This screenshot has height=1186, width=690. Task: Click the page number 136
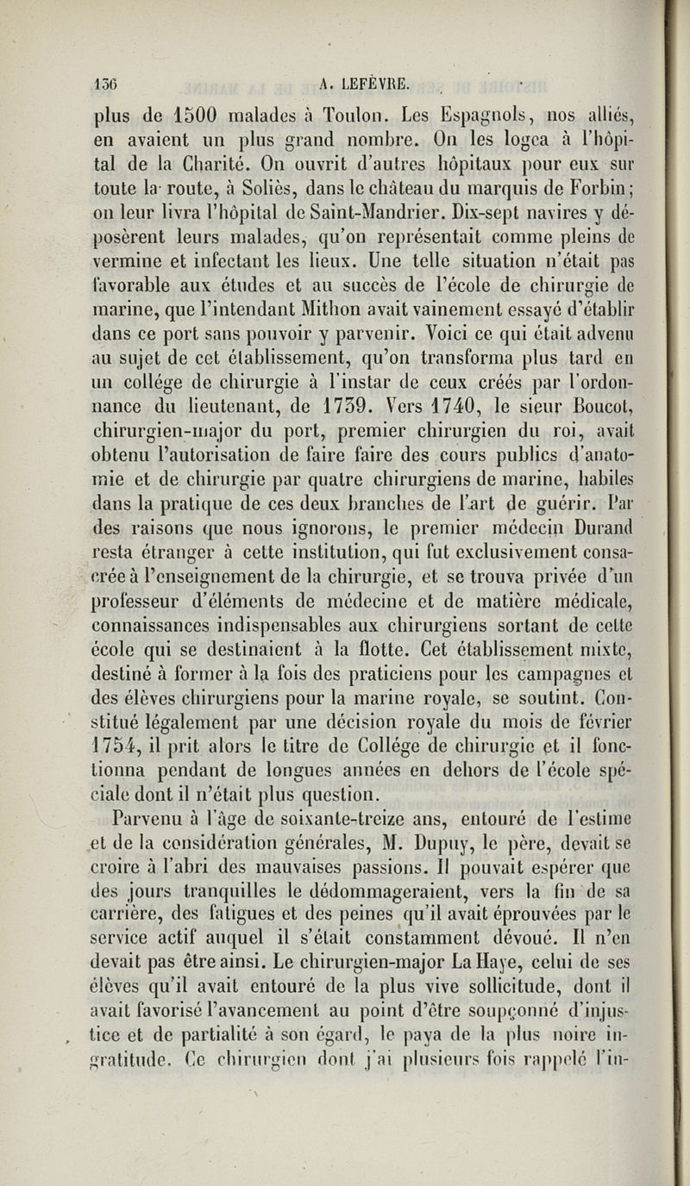pyautogui.click(x=108, y=84)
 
